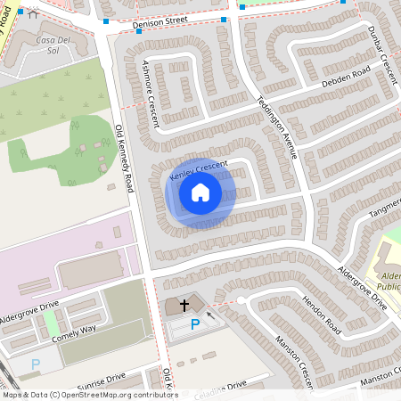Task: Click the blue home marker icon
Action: coord(200,193)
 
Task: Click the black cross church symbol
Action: coord(184,305)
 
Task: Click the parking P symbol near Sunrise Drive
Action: coord(36,364)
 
